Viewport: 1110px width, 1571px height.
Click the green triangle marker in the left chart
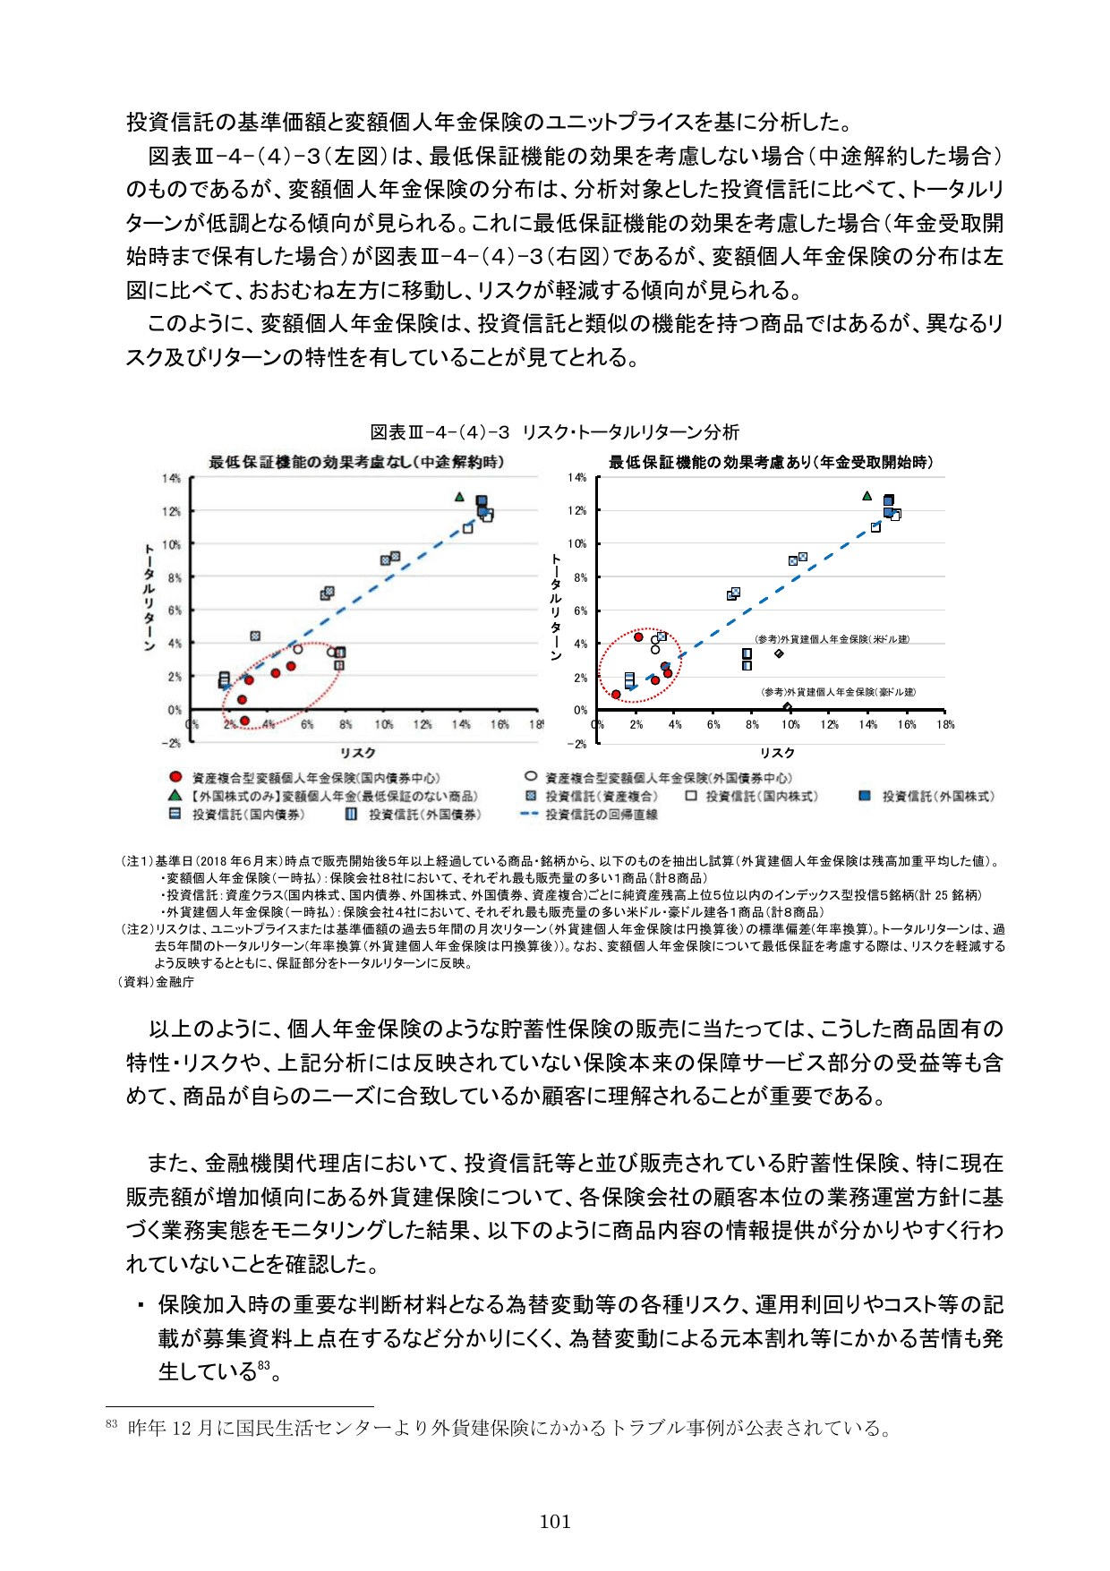click(x=459, y=497)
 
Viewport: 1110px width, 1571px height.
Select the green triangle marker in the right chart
click(x=867, y=496)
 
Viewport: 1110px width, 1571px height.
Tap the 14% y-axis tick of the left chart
click(x=171, y=479)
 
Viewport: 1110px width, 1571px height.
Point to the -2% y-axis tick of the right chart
click(x=577, y=744)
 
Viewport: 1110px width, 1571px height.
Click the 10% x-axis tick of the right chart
click(x=790, y=725)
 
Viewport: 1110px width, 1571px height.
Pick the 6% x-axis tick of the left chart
click(x=307, y=724)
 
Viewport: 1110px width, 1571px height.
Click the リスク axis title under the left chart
click(x=357, y=753)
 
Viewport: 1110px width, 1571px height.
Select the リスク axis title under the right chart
click(x=777, y=753)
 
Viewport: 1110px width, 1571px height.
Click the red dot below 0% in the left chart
click(x=244, y=721)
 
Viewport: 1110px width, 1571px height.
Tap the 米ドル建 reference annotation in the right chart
click(x=832, y=639)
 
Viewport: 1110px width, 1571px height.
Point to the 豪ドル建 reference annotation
click(x=838, y=692)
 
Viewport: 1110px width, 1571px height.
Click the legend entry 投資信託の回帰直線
click(x=601, y=815)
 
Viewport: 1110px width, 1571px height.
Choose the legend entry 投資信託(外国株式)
click(x=937, y=796)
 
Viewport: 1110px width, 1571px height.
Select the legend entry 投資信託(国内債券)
click(x=248, y=815)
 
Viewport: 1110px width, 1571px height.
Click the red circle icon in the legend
click(x=176, y=777)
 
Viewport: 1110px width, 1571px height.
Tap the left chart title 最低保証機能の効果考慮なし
click(x=356, y=462)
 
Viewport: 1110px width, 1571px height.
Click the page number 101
click(x=555, y=1521)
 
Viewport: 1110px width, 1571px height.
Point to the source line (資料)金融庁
click(x=156, y=982)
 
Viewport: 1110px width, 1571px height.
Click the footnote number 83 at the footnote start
click(x=112, y=1424)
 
